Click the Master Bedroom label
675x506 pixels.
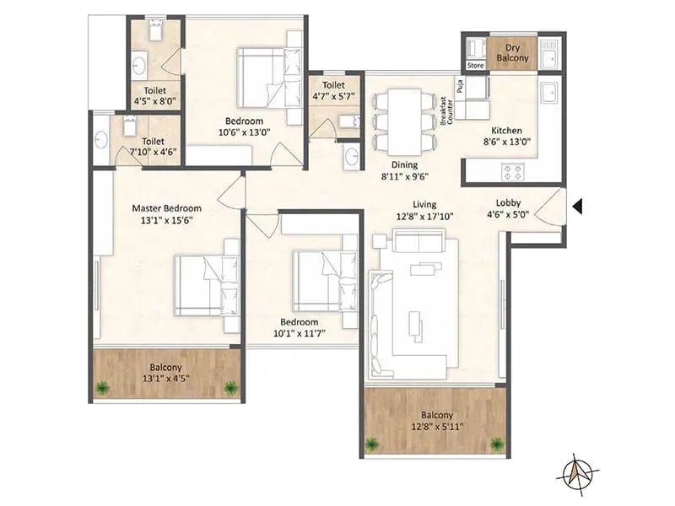click(166, 208)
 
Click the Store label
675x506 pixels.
click(476, 65)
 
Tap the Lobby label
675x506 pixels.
click(508, 202)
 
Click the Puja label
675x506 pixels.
click(461, 85)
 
